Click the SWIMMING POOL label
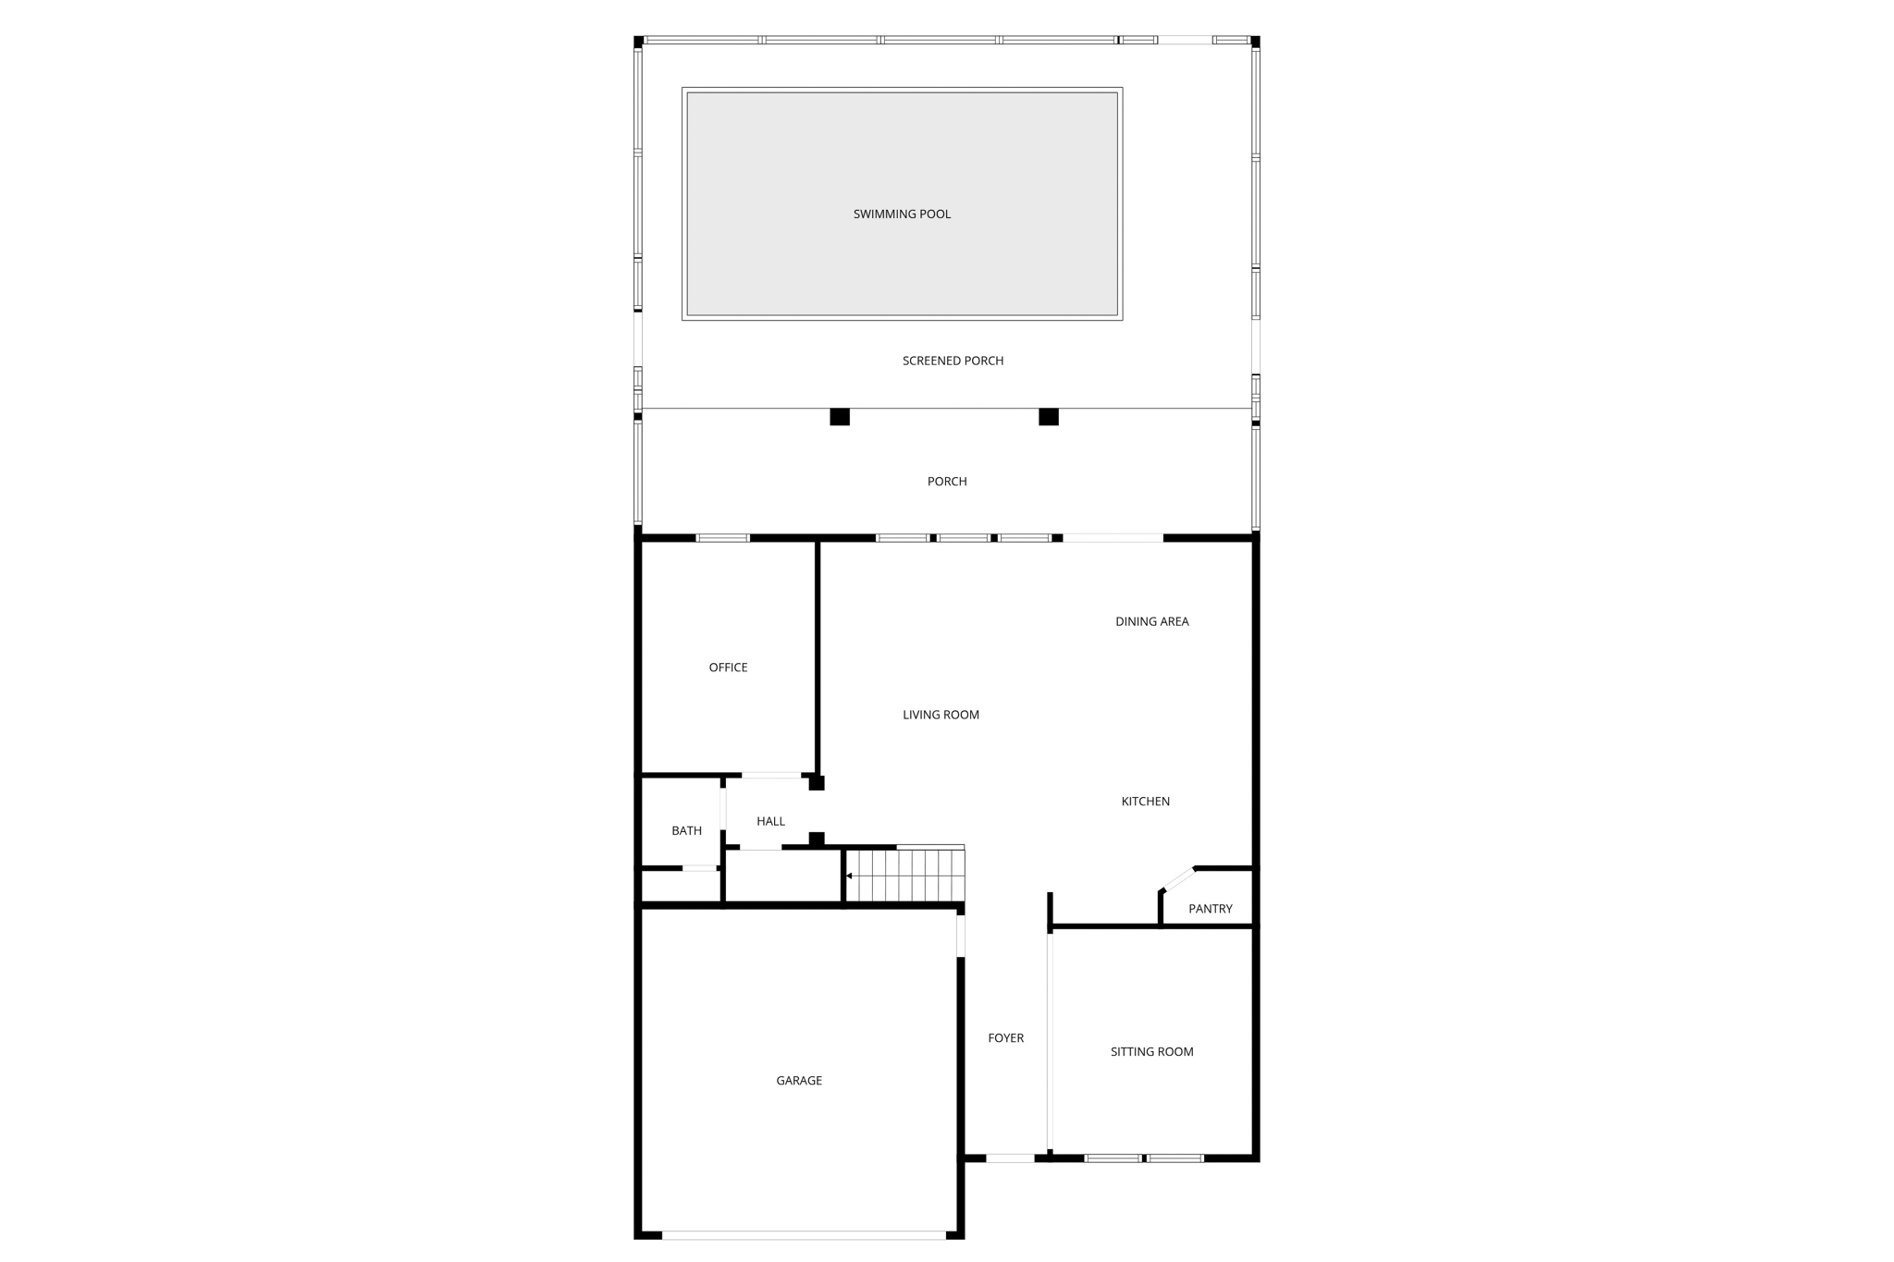coord(902,214)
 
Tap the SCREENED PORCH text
coord(953,361)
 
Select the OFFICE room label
coord(728,668)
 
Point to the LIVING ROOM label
coord(941,715)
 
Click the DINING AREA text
coord(1151,621)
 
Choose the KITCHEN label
coord(1145,802)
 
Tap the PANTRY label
coord(1210,909)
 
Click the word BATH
coord(686,831)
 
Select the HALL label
coord(770,821)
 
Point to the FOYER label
coord(1005,1038)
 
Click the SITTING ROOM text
coord(1151,1051)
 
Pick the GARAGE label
coord(799,1081)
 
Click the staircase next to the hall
coord(911,875)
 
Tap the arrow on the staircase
coord(850,876)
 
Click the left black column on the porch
coord(840,417)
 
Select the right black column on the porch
coord(1049,417)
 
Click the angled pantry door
coord(1179,878)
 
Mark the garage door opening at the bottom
coord(804,1235)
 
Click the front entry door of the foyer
coord(1010,1158)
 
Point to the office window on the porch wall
coord(722,538)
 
